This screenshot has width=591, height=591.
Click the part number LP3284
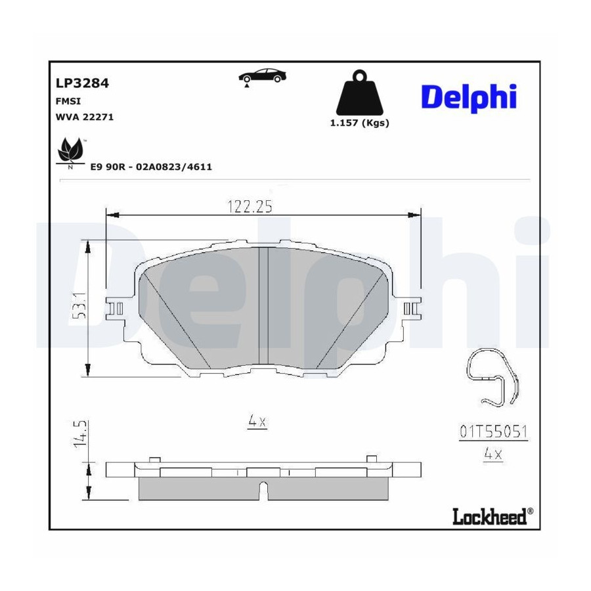pos(82,83)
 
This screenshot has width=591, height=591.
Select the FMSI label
pos(68,101)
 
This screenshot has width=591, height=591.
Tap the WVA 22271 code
pos(85,117)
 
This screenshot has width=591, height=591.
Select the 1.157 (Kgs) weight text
pos(360,123)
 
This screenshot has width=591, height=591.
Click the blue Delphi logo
pos(468,97)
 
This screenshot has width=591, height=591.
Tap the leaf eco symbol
pos(70,152)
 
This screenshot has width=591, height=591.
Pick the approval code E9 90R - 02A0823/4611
pos(151,167)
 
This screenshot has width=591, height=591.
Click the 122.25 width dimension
pos(250,207)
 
